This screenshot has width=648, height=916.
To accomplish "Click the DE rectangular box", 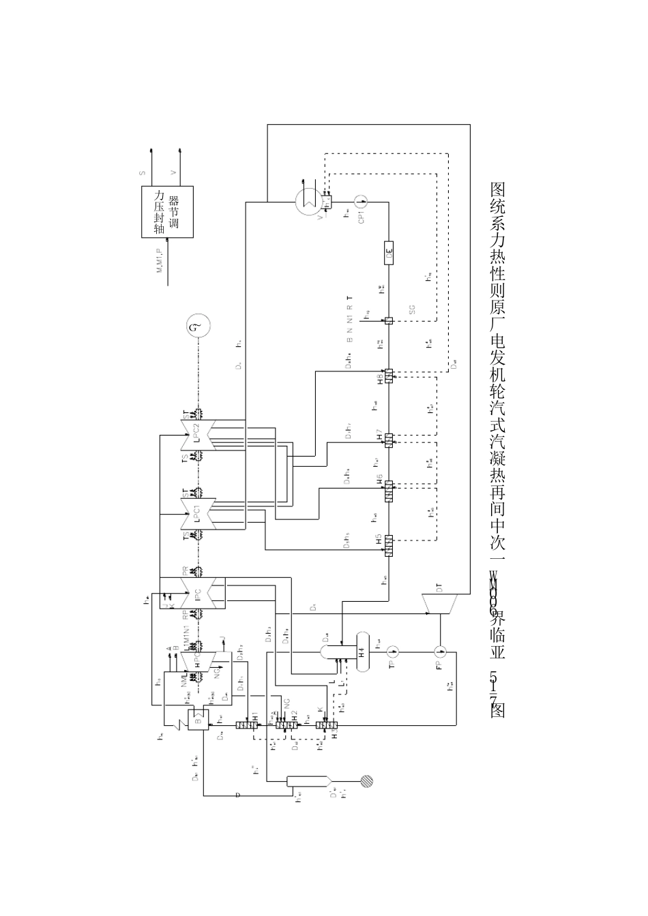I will tap(389, 253).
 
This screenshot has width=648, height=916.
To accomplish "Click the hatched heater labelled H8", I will tap(389, 376).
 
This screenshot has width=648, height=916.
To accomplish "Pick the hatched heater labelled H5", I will tap(389, 545).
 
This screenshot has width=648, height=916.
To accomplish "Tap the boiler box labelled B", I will tap(198, 720).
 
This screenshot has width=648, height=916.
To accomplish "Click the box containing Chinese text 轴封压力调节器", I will tap(167, 211).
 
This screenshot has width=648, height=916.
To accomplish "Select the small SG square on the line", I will tap(388, 321).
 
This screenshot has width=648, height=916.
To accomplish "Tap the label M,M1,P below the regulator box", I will tap(162, 261).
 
